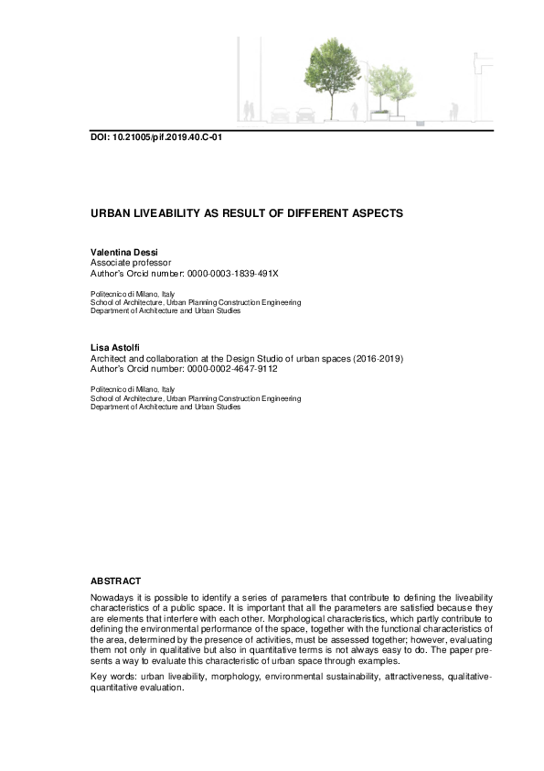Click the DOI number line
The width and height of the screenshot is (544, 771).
(156, 138)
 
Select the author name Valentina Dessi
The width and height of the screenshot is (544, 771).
(121, 251)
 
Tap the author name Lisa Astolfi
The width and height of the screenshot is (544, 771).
(112, 348)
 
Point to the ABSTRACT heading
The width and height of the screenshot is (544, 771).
(115, 581)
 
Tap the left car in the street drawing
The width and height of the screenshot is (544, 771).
(281, 115)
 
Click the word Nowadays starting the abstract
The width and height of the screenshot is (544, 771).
(112, 596)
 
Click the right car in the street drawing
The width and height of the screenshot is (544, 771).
(304, 115)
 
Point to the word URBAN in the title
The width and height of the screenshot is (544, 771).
(108, 212)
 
